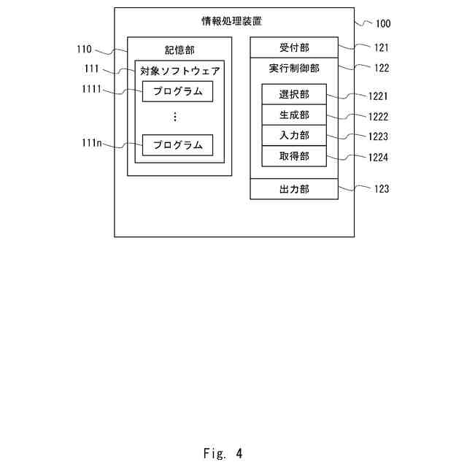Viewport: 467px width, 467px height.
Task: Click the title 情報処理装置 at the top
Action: coord(232,21)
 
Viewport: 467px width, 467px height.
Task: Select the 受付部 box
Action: coord(294,47)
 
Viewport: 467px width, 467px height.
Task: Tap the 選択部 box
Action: coord(294,95)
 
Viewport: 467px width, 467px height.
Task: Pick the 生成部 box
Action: coord(294,115)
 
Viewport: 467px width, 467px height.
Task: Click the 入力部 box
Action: coord(294,136)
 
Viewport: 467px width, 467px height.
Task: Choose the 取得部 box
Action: coord(294,156)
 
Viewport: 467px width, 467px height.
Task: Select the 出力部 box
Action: coord(294,189)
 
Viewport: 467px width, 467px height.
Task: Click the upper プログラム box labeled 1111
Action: coord(177,92)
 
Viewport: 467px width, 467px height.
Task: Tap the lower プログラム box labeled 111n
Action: coord(177,144)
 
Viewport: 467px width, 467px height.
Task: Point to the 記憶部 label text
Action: coord(180,50)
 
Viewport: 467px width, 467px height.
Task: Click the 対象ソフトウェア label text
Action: coord(180,72)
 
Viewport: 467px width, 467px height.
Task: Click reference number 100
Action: coord(382,23)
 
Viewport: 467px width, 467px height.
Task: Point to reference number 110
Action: coord(84,50)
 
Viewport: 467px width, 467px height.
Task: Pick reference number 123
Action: coord(381,189)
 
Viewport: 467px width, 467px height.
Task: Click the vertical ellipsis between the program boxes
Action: coord(175,117)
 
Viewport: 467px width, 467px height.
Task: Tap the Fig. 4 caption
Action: coord(223,453)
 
